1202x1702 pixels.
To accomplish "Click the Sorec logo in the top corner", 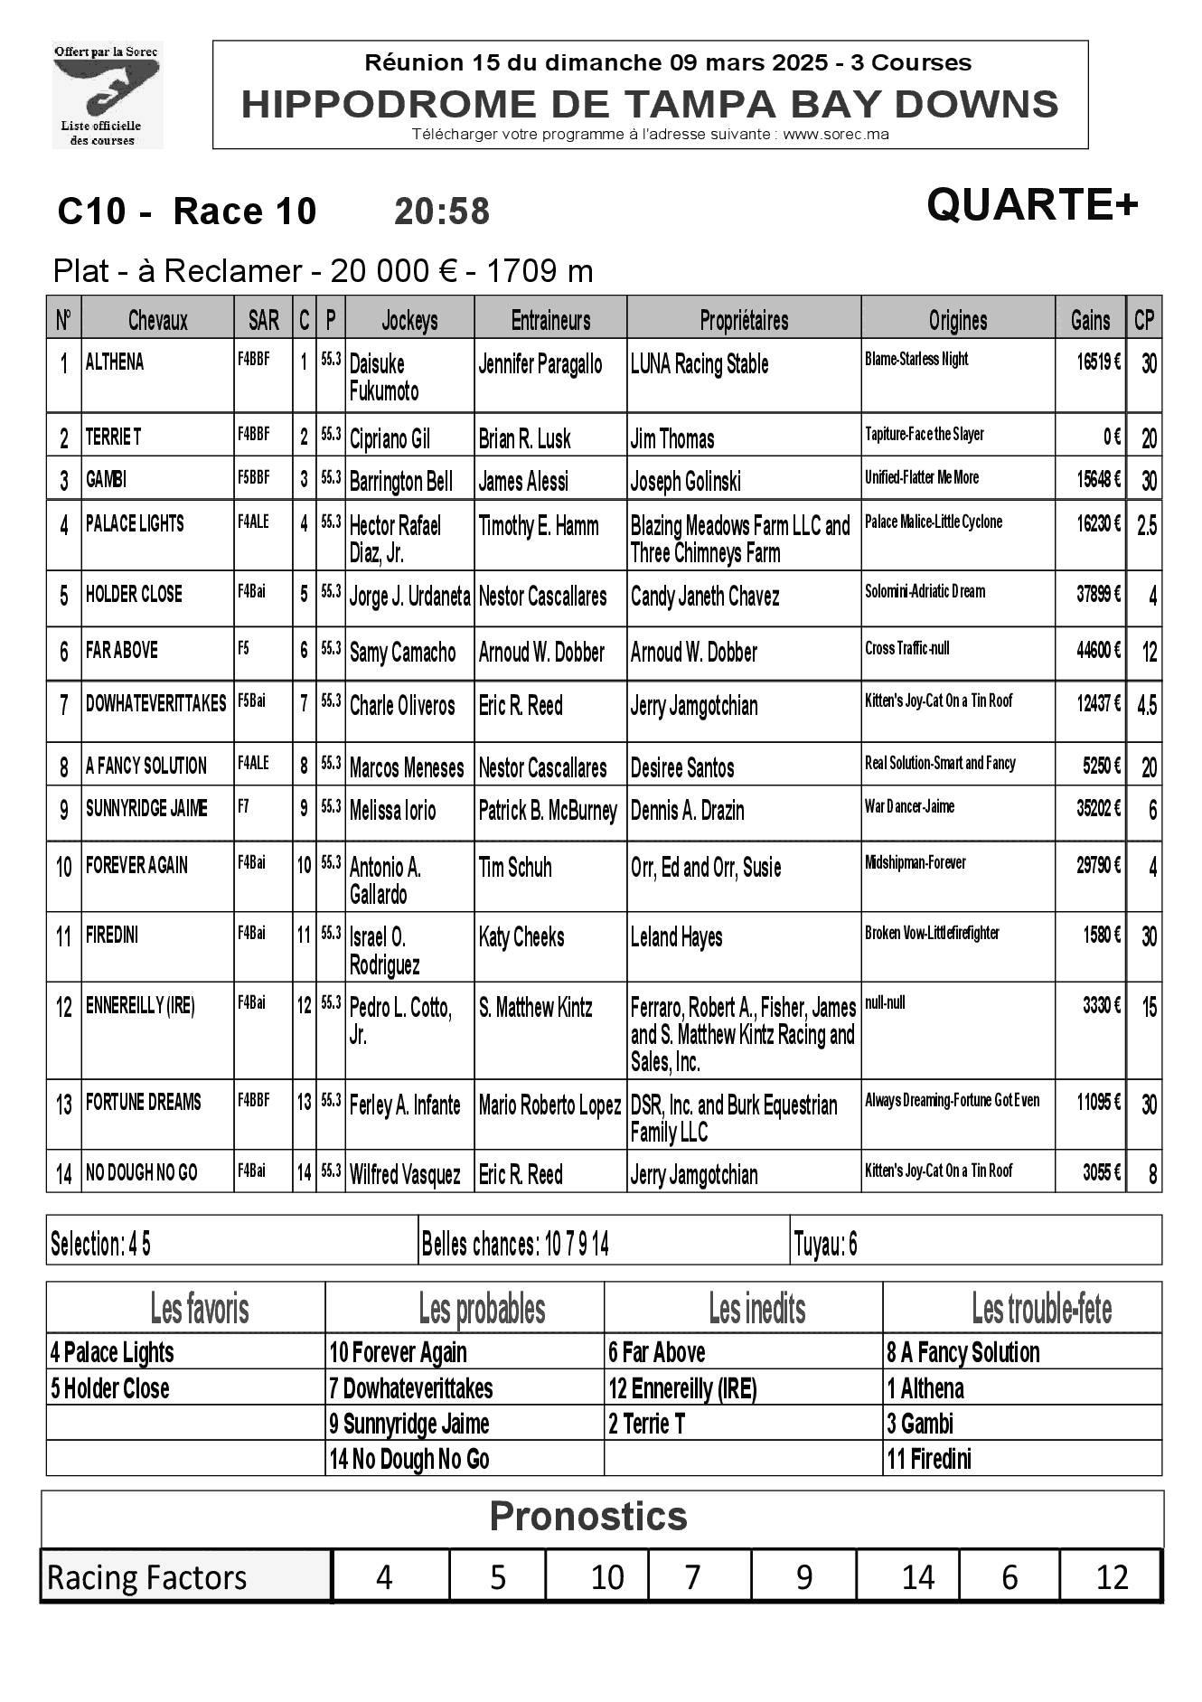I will (108, 95).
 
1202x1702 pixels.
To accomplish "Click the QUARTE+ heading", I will (1031, 204).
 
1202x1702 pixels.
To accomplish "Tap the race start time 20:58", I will (442, 212).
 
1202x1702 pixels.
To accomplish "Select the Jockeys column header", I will (409, 320).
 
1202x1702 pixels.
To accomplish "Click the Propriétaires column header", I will (743, 320).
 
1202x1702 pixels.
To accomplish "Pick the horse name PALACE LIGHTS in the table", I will (135, 524).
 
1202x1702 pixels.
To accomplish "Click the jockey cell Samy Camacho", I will (402, 653).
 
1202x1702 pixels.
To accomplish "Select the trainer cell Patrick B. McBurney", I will (548, 811).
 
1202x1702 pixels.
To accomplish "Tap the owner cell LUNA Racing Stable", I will (700, 364).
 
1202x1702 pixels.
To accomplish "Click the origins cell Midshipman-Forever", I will (915, 862).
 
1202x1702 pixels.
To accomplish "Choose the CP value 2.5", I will (1145, 525).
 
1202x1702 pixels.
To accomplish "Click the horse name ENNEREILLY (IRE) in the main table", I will (140, 1006).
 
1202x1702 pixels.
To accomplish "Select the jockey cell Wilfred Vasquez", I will (405, 1175).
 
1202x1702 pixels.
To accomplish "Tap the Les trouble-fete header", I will (1041, 1309).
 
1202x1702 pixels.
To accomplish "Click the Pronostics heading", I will (588, 1516).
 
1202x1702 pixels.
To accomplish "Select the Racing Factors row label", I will (146, 1577).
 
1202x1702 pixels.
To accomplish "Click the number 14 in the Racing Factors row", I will (917, 1577).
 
